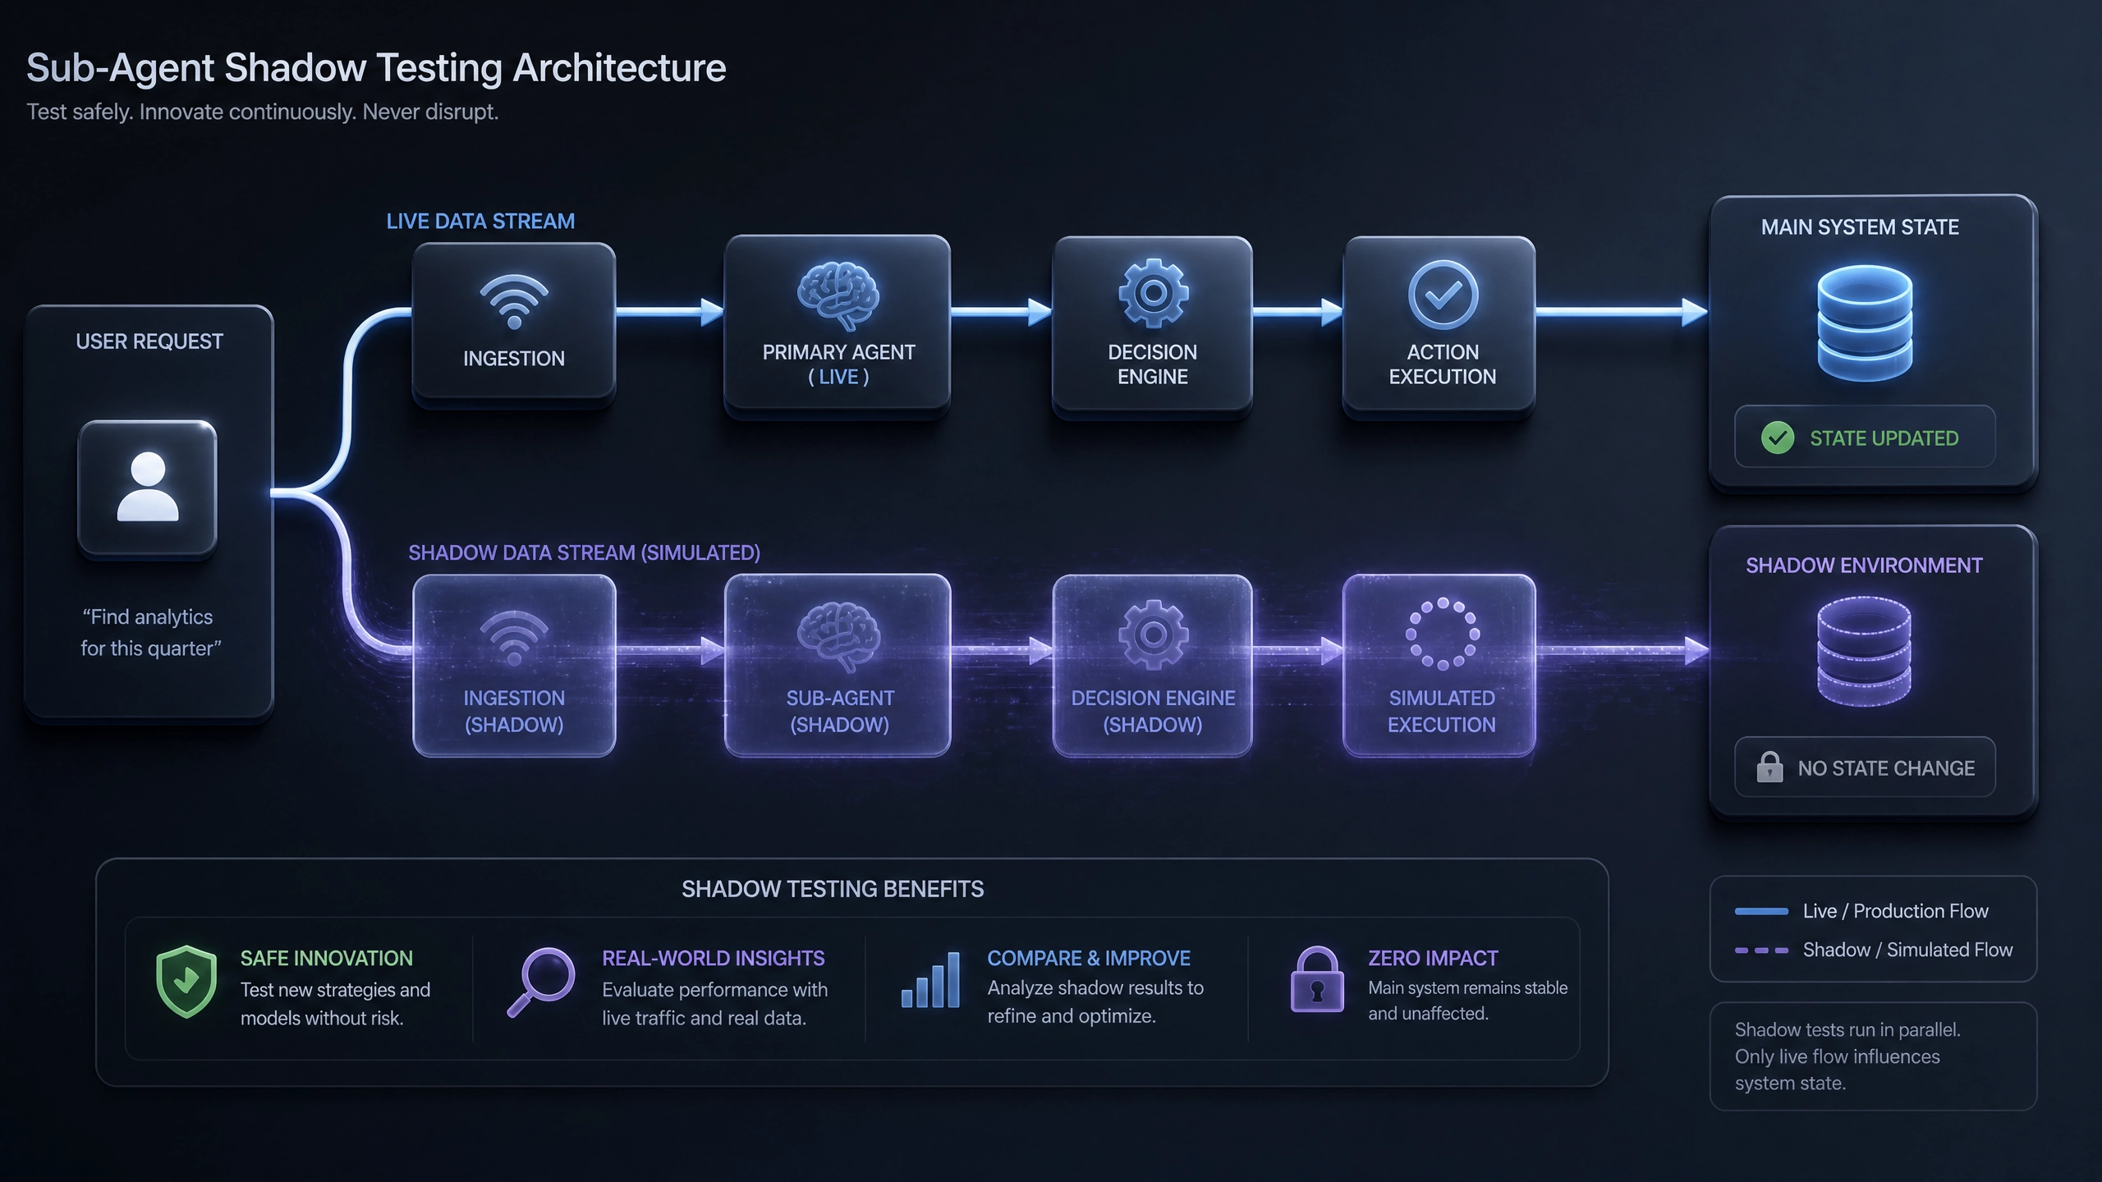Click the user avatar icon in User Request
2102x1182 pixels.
point(148,488)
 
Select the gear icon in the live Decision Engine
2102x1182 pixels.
point(1153,293)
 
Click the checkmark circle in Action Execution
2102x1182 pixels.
point(1443,295)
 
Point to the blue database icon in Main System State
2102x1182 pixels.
point(1865,323)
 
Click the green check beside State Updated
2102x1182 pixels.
point(1778,438)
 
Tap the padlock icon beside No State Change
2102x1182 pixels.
point(1769,767)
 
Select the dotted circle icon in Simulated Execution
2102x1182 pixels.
point(1443,634)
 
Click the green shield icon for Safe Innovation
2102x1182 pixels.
point(186,982)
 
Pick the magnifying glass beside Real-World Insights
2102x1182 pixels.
point(541,983)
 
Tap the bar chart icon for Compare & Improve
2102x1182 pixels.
point(930,980)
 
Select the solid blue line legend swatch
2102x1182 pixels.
point(1761,911)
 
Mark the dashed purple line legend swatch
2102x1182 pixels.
point(1761,951)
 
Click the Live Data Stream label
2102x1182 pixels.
point(480,222)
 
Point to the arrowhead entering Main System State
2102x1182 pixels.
point(1695,312)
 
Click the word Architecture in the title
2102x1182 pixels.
point(619,68)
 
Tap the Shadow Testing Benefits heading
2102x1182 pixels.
point(833,889)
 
